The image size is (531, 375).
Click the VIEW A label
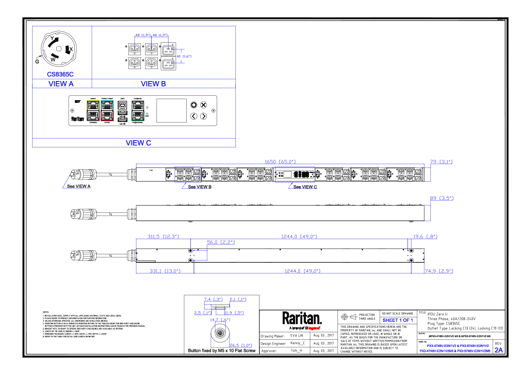click(x=61, y=84)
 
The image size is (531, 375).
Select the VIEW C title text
click(x=138, y=143)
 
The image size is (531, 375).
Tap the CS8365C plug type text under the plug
click(x=60, y=74)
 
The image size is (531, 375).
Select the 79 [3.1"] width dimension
click(x=441, y=162)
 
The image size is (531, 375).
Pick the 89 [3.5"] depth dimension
click(x=441, y=198)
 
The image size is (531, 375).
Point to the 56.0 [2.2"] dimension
click(x=221, y=242)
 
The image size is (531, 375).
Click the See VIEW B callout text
click(x=199, y=187)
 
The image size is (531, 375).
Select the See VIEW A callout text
click(x=79, y=187)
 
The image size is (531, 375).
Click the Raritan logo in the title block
click(x=301, y=318)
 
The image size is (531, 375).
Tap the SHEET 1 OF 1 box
click(x=398, y=320)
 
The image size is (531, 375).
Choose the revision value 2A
click(x=498, y=350)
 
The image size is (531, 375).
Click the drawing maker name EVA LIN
click(x=296, y=335)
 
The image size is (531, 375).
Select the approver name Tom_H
click(x=296, y=351)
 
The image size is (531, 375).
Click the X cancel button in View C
click(x=203, y=105)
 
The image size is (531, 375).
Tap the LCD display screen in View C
click(x=171, y=110)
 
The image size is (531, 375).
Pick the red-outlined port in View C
click(x=107, y=116)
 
